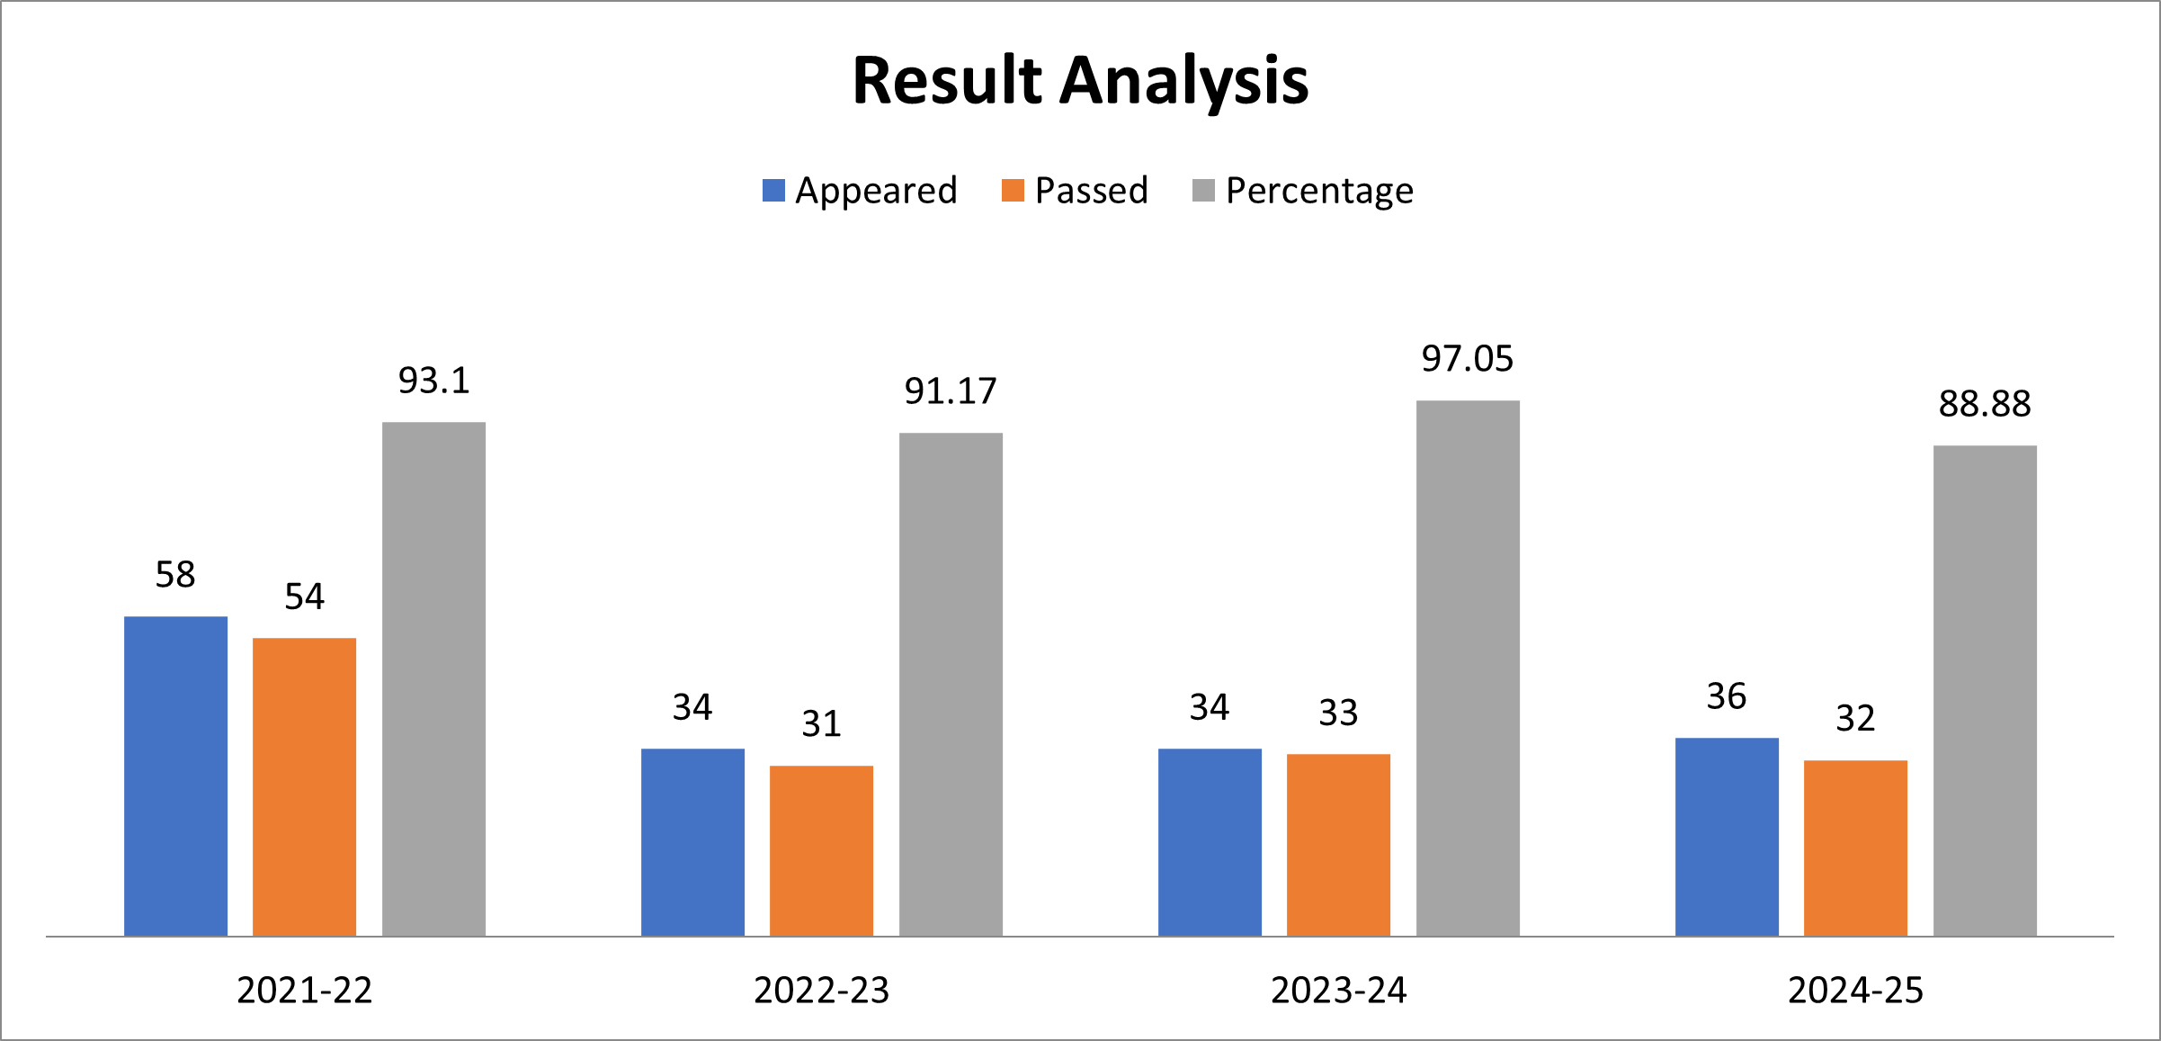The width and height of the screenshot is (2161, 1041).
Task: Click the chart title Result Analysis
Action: pos(1080,81)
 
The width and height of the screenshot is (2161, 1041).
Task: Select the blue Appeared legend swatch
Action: pos(773,191)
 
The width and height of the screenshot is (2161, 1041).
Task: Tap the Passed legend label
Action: pos(1091,191)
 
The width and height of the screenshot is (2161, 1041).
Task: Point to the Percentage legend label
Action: pos(1319,191)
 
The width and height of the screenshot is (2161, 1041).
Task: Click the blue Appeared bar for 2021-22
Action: pos(175,776)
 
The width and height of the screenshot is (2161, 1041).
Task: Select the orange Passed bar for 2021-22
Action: pos(304,786)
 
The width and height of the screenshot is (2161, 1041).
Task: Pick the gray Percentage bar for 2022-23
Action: pos(951,684)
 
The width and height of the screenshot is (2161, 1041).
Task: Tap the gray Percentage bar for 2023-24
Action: pos(1468,668)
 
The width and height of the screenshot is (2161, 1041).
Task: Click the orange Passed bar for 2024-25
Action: pos(1855,848)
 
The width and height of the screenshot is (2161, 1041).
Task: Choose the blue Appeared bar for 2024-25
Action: pos(1727,837)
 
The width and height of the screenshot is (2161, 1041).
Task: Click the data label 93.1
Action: pos(433,381)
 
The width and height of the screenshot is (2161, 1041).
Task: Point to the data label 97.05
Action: pos(1468,359)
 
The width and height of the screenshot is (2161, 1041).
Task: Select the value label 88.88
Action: pos(1985,404)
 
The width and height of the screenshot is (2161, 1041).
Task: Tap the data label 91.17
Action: pos(951,391)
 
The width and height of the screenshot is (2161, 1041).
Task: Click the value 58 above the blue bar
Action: pos(175,575)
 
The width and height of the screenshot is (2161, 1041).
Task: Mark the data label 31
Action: pos(821,724)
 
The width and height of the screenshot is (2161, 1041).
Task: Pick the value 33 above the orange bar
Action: pos(1338,713)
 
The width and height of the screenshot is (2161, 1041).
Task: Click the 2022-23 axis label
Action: pos(821,991)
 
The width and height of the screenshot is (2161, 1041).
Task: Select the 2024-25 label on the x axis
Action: pos(1855,991)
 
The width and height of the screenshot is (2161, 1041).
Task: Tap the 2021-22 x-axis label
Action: pos(304,991)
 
